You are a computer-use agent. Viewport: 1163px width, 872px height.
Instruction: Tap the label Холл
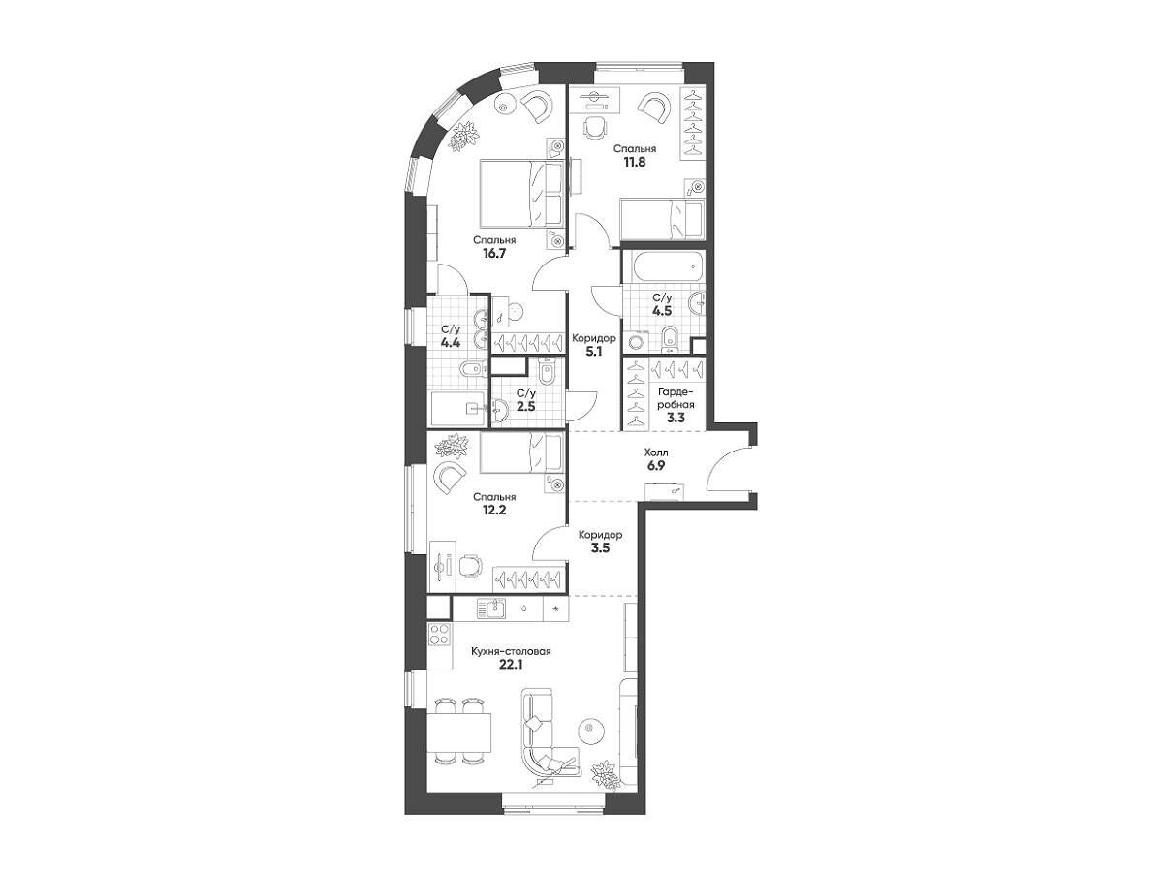[656, 452]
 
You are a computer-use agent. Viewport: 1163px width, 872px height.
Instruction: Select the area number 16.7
[494, 253]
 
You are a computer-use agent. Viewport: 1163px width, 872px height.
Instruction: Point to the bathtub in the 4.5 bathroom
[665, 267]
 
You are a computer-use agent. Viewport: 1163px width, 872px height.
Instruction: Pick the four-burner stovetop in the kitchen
[440, 634]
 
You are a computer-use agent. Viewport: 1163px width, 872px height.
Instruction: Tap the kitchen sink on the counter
[490, 607]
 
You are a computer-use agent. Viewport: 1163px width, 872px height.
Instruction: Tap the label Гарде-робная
[676, 398]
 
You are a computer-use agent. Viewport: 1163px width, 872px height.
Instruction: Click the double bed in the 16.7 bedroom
[520, 194]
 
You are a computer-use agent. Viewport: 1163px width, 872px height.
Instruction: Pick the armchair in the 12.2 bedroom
[450, 478]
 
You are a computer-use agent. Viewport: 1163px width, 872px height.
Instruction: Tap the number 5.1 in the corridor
[594, 351]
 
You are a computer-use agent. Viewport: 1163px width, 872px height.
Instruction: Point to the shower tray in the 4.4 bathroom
[458, 408]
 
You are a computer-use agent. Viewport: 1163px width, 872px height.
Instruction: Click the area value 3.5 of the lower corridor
[601, 548]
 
